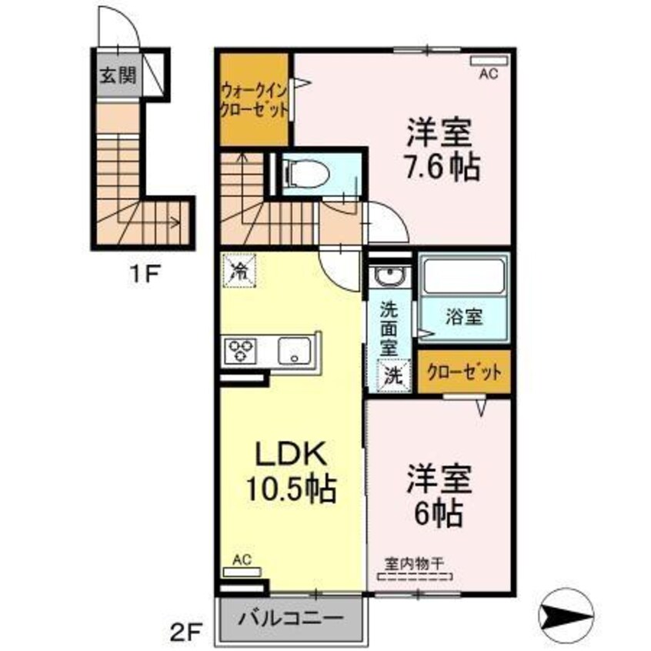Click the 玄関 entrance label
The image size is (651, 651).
tap(117, 75)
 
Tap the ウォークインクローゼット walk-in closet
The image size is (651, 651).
tap(254, 98)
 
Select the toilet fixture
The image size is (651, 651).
tap(307, 173)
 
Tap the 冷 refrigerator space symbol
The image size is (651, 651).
tap(239, 270)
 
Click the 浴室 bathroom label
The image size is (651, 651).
tap(464, 316)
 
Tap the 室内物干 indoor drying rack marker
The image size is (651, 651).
tap(416, 570)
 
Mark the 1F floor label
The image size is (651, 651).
tap(143, 272)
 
